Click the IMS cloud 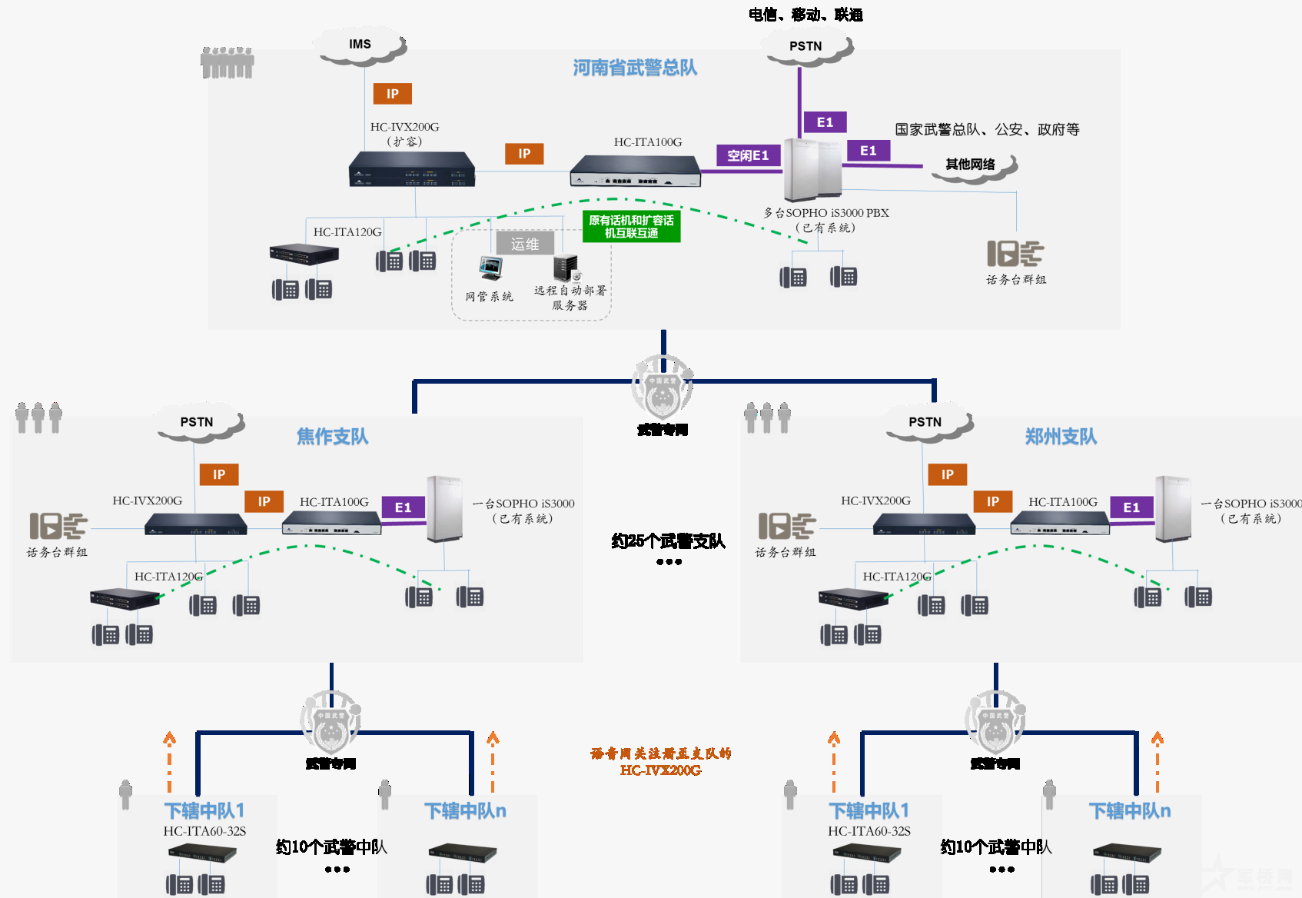pyautogui.click(x=360, y=45)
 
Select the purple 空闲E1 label pyautogui.click(x=748, y=155)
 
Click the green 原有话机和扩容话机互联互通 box pyautogui.click(x=631, y=227)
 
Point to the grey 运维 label pyautogui.click(x=525, y=244)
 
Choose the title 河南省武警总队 pyautogui.click(x=635, y=68)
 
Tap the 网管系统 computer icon pyautogui.click(x=490, y=269)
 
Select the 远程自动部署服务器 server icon pyautogui.click(x=566, y=268)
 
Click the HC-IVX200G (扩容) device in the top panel pyautogui.click(x=412, y=169)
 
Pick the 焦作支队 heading pyautogui.click(x=332, y=437)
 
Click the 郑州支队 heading pyautogui.click(x=1061, y=437)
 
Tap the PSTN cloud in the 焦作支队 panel pyautogui.click(x=198, y=423)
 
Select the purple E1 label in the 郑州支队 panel pyautogui.click(x=1131, y=507)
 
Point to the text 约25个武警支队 pyautogui.click(x=668, y=541)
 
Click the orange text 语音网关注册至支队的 pyautogui.click(x=661, y=753)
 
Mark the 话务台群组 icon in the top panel pyautogui.click(x=1015, y=254)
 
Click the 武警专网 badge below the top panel pyautogui.click(x=663, y=388)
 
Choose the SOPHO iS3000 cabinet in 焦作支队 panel pyautogui.click(x=445, y=509)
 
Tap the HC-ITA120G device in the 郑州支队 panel pyautogui.click(x=853, y=599)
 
